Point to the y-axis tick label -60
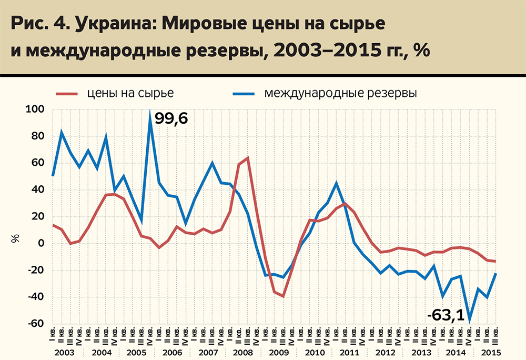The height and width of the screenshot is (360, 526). pos(37,324)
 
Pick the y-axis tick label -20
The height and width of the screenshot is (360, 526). pos(37,271)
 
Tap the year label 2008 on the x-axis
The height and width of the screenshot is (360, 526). pos(244,352)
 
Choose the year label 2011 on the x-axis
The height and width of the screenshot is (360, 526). pos(349,352)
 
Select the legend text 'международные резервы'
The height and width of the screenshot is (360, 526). pos(341,94)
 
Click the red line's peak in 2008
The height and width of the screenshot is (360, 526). pos(247,158)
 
